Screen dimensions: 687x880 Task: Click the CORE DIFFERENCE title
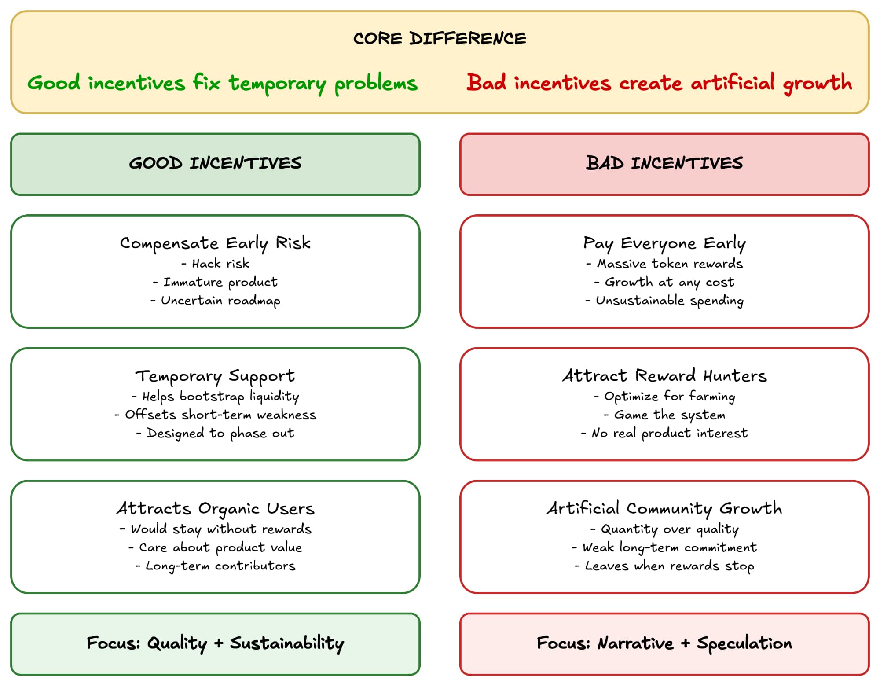pos(440,38)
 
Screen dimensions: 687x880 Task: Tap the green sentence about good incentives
pos(222,83)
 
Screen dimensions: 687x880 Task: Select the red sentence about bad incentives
pos(659,83)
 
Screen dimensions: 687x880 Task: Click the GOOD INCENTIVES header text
pos(215,163)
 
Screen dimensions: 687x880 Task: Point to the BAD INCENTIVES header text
pos(664,163)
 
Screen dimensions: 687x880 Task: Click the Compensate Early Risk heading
pos(215,243)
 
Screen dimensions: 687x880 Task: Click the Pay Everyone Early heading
pos(664,243)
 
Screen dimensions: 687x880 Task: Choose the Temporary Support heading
pos(215,376)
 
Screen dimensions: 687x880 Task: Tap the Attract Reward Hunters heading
pos(664,376)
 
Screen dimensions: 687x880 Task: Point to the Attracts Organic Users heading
pos(215,508)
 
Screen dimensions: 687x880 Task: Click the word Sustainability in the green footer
pos(287,643)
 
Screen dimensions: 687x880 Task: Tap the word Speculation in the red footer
pos(744,643)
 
